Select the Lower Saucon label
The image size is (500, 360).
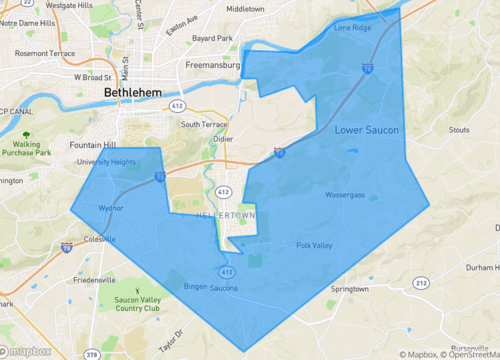pos(367,130)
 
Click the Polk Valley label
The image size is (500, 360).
pos(313,245)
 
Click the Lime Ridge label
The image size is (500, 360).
pos(352,28)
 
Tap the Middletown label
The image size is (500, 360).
pos(246,8)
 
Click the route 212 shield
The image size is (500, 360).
pos(422,283)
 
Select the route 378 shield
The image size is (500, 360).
pos(91,353)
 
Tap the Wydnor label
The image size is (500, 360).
pos(111,209)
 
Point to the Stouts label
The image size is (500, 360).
pos(459,129)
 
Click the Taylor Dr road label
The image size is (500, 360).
pos(172,338)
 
